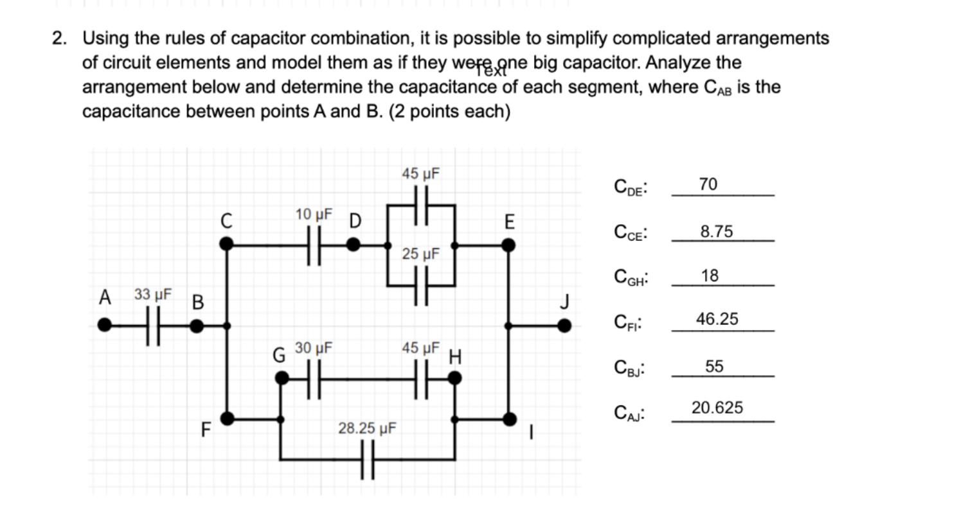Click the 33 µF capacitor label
(153, 295)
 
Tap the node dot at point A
(104, 326)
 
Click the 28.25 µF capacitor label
(367, 428)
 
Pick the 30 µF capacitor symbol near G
(313, 378)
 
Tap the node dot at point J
(564, 326)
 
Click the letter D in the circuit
(354, 222)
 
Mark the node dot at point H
(454, 378)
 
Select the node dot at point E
(508, 245)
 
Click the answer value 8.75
(717, 232)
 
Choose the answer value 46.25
(717, 319)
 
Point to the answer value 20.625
(717, 408)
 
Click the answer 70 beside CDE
(708, 185)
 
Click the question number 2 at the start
(58, 39)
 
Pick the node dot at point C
(226, 245)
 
